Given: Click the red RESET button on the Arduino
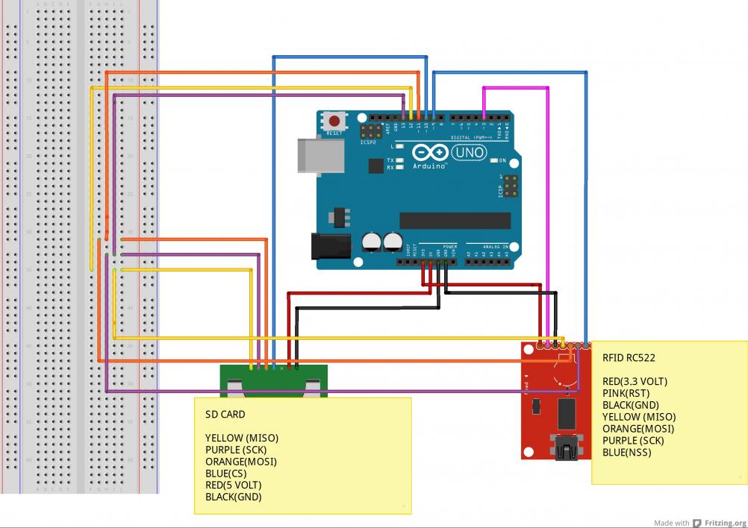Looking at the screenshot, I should (334, 122).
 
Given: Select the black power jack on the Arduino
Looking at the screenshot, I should (330, 245).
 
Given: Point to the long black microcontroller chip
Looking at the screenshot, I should (455, 220).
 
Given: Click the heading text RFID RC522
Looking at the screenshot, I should (629, 357).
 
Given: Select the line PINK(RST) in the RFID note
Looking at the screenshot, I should (626, 393).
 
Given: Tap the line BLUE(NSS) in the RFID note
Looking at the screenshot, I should (626, 452).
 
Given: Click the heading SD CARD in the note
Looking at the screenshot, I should (225, 414).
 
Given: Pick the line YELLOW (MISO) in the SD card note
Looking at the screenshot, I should (241, 438).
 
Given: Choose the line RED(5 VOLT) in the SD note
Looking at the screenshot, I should (234, 485).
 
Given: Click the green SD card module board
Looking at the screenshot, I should (272, 381).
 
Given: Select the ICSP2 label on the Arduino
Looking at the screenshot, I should (368, 142).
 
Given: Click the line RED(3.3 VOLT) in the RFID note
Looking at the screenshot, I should (635, 381).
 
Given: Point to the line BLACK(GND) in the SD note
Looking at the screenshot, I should (233, 497).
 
